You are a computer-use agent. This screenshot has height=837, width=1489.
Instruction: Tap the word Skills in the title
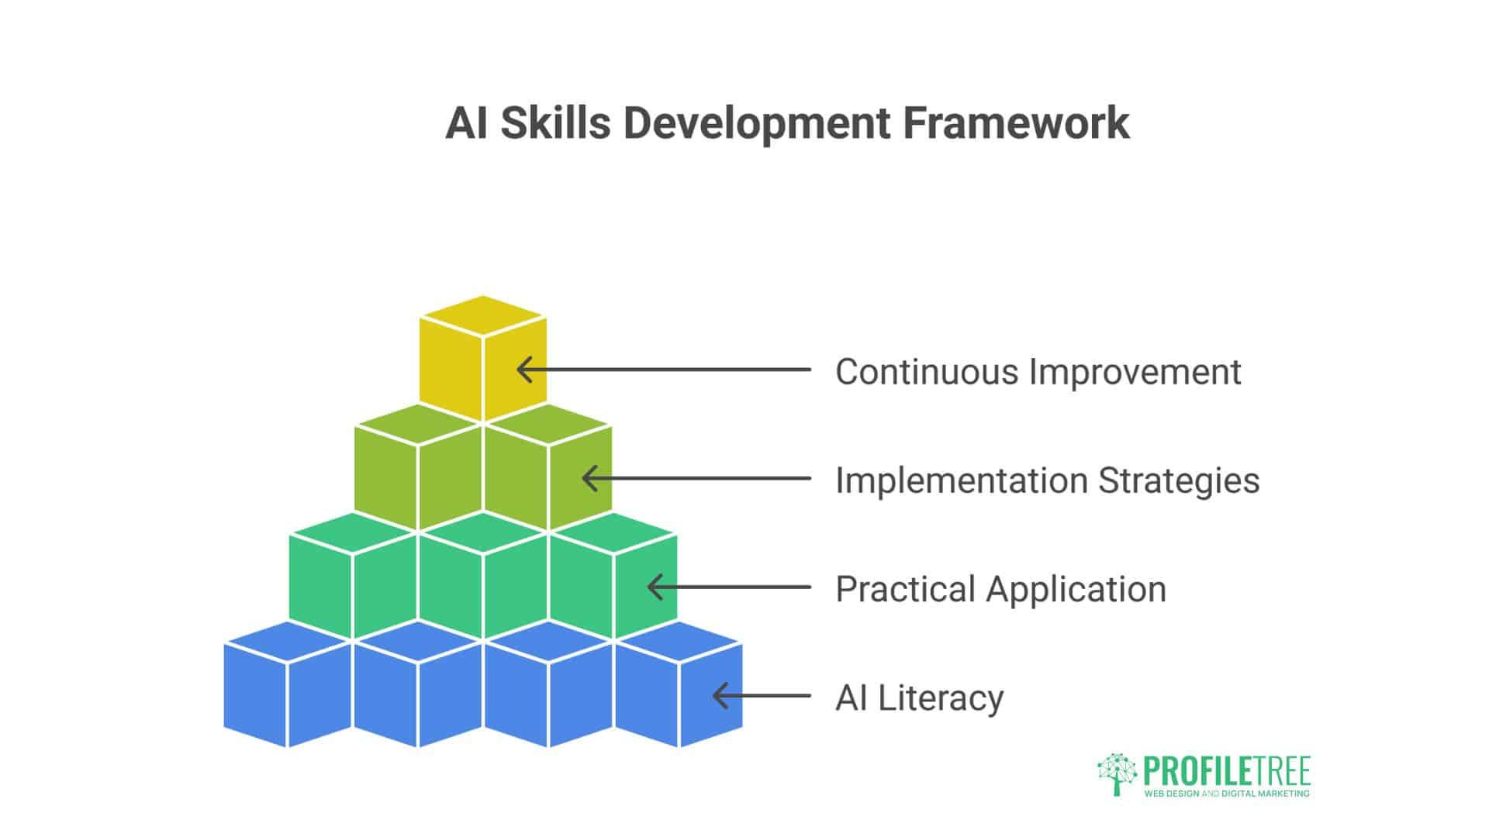[x=555, y=122]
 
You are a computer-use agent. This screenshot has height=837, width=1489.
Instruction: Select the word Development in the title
[x=757, y=122]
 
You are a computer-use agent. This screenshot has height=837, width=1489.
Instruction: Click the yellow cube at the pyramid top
[x=482, y=360]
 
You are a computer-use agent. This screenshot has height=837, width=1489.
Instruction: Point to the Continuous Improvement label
[x=1038, y=371]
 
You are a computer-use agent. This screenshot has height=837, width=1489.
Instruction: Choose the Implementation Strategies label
[x=1047, y=480]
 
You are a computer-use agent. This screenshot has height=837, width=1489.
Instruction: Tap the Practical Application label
[x=1000, y=589]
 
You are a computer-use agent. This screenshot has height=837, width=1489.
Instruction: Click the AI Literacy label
[x=919, y=697]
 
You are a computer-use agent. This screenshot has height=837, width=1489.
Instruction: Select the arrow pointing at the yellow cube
[x=663, y=370]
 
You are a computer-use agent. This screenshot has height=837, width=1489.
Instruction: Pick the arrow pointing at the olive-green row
[x=696, y=478]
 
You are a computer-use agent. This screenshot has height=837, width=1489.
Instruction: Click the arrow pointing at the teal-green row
[x=729, y=587]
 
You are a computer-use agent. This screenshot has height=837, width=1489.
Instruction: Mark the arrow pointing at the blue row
[x=762, y=696]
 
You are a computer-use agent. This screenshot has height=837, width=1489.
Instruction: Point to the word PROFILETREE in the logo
[x=1227, y=771]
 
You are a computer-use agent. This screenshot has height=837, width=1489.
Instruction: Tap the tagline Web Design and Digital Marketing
[x=1227, y=794]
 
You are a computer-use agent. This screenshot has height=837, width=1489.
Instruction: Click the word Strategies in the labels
[x=1179, y=480]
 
